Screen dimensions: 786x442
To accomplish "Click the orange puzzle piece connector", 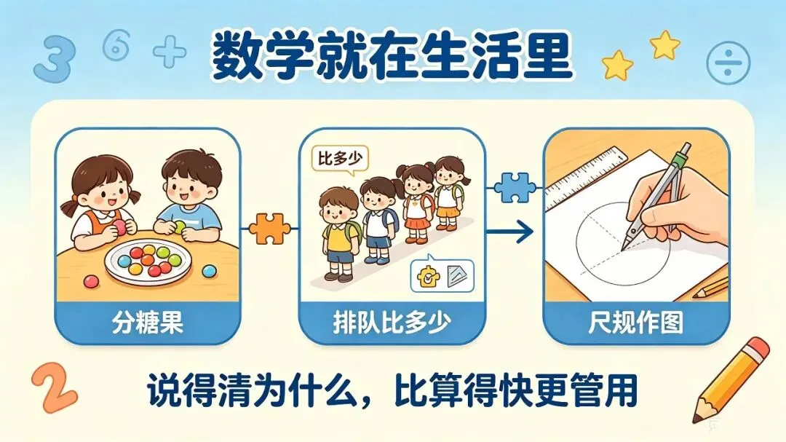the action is point(270,229).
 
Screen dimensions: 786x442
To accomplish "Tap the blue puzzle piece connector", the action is point(515,188).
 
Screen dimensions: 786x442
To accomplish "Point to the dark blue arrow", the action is point(509,232).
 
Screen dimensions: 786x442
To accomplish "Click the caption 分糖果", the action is point(147,322).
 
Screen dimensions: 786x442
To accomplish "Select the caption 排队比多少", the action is point(392,322).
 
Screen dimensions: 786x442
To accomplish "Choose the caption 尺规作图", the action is point(636,322).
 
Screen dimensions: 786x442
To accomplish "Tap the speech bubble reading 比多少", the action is point(340,160).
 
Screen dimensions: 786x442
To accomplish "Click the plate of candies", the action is point(148,261).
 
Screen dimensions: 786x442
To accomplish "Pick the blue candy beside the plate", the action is point(209,271).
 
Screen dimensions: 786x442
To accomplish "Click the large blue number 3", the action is point(53,59).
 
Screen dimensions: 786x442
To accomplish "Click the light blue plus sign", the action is point(170,51).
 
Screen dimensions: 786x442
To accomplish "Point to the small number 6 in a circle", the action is point(116,44).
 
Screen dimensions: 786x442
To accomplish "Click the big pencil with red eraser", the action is point(731,379).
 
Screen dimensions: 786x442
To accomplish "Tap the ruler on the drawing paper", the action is point(586,178).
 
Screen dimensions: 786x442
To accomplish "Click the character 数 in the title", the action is point(237,56).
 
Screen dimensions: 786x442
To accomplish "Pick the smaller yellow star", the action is point(664,44).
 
